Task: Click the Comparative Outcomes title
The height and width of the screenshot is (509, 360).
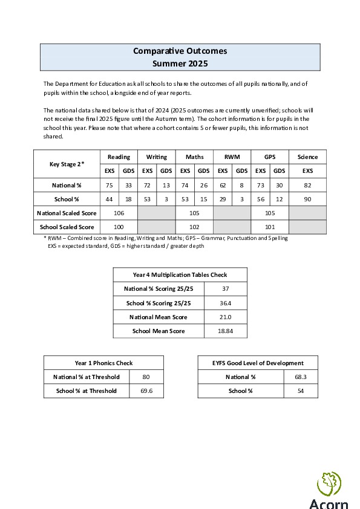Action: click(x=180, y=51)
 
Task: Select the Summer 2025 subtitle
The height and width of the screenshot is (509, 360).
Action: click(x=180, y=63)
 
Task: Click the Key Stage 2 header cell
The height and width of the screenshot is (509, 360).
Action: click(x=66, y=164)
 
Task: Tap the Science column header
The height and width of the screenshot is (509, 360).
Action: click(x=307, y=157)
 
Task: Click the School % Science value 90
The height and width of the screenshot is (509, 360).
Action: click(x=307, y=198)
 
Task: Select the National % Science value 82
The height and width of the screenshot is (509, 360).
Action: click(x=307, y=184)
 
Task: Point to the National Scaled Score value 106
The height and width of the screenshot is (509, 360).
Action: click(x=119, y=213)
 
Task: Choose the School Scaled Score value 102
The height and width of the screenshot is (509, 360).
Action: click(x=194, y=227)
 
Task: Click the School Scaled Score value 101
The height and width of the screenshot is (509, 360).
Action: click(x=269, y=227)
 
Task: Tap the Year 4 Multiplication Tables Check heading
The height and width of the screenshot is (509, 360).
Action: click(x=180, y=275)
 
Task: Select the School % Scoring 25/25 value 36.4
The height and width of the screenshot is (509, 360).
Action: click(x=225, y=303)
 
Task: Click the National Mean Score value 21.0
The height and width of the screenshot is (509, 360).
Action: click(x=225, y=317)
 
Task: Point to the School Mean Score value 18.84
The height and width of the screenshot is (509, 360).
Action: click(x=225, y=331)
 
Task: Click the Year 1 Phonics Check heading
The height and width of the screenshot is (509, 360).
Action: click(x=103, y=363)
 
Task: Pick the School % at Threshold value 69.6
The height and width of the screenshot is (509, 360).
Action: click(x=146, y=391)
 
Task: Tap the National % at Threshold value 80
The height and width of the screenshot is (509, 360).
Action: click(x=146, y=377)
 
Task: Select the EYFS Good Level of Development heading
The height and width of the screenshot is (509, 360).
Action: click(x=258, y=363)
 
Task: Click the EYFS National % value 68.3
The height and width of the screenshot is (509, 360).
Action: click(x=301, y=377)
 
